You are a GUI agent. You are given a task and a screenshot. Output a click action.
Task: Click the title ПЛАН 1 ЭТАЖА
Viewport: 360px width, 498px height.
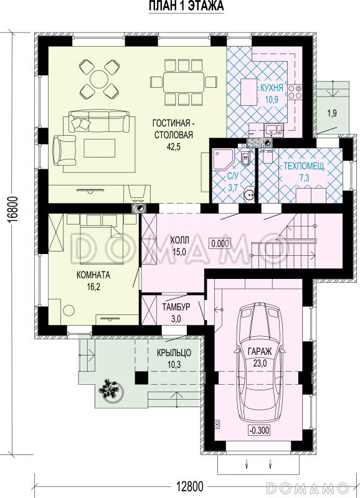(x=186, y=6)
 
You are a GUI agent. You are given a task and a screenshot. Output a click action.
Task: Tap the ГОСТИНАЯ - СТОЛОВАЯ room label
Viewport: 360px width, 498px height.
(x=174, y=129)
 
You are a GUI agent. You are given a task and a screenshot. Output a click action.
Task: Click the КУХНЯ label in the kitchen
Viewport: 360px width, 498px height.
(x=269, y=88)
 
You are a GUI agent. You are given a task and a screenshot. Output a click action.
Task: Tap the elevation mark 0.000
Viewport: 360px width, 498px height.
(x=220, y=243)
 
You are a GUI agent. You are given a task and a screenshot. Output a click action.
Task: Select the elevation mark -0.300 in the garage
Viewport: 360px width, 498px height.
(x=260, y=431)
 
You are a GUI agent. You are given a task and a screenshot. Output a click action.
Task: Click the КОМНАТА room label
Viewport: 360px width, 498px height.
(x=93, y=275)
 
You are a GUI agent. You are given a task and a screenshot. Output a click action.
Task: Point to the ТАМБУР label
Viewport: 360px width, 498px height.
(x=176, y=308)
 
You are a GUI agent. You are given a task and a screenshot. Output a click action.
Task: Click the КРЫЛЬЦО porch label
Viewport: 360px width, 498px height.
(x=174, y=352)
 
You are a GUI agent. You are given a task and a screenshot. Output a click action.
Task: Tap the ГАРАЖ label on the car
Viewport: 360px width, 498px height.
(x=260, y=351)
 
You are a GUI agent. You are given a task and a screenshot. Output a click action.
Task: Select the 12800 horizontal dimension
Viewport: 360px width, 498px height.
(x=189, y=486)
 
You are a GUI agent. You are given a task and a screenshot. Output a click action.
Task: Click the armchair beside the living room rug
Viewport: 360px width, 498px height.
(x=65, y=150)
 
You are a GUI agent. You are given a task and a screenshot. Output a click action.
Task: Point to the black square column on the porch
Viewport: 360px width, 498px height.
(x=142, y=378)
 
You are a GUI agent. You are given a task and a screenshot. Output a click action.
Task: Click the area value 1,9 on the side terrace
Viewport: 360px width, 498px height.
(x=332, y=114)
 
